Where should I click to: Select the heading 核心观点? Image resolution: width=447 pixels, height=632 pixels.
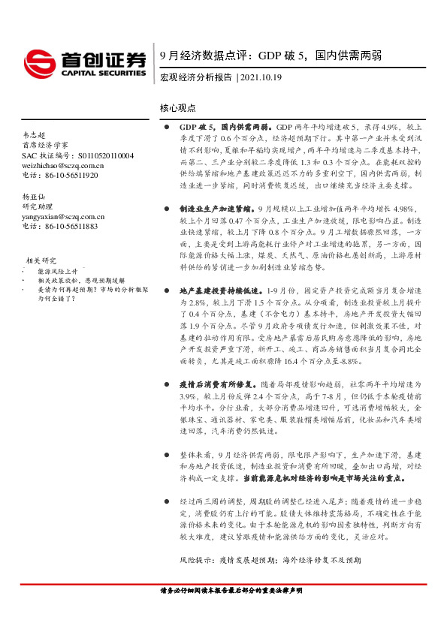(178, 108)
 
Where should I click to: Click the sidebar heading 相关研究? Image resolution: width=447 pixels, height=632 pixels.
(41, 259)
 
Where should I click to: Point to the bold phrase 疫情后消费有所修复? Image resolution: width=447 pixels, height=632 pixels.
(216, 384)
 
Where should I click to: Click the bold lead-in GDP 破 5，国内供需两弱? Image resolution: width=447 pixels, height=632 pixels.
(227, 128)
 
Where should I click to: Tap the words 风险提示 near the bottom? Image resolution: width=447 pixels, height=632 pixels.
(197, 560)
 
